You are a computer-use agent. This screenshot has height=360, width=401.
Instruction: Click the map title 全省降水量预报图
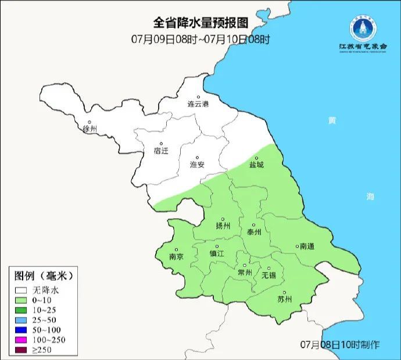pyautogui.click(x=201, y=23)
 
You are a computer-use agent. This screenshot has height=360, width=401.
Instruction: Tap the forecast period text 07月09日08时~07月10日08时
pyautogui.click(x=201, y=40)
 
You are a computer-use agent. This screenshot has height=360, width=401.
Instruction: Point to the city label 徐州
pyautogui.click(x=89, y=129)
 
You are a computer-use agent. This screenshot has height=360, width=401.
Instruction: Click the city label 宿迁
pyautogui.click(x=160, y=151)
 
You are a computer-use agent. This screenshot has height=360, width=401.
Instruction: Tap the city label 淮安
pyautogui.click(x=197, y=165)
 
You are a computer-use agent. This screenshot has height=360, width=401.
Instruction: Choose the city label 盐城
pyautogui.click(x=256, y=165)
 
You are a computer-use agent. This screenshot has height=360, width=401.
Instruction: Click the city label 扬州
pyautogui.click(x=223, y=226)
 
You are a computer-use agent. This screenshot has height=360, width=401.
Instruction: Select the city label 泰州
pyautogui.click(x=254, y=231)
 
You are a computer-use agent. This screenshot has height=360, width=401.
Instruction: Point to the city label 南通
pyautogui.click(x=306, y=247)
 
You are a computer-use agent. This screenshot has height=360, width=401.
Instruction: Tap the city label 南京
pyautogui.click(x=176, y=256)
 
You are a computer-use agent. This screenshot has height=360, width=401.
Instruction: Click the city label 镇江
pyautogui.click(x=217, y=254)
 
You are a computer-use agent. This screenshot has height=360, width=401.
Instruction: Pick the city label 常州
pyautogui.click(x=245, y=272)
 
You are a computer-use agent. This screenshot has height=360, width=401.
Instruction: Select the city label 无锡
pyautogui.click(x=269, y=275)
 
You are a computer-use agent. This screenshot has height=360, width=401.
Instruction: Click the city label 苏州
pyautogui.click(x=284, y=300)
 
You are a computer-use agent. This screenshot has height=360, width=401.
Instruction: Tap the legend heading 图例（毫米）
pyautogui.click(x=43, y=275)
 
